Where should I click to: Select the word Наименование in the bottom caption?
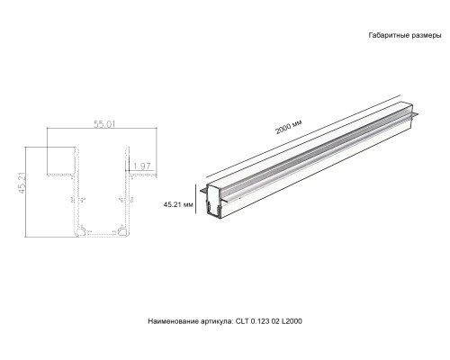pyautogui.click(x=175, y=319)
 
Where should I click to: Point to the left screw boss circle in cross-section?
pyautogui.click(x=81, y=230)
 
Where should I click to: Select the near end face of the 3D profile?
pyautogui.click(x=214, y=206)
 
